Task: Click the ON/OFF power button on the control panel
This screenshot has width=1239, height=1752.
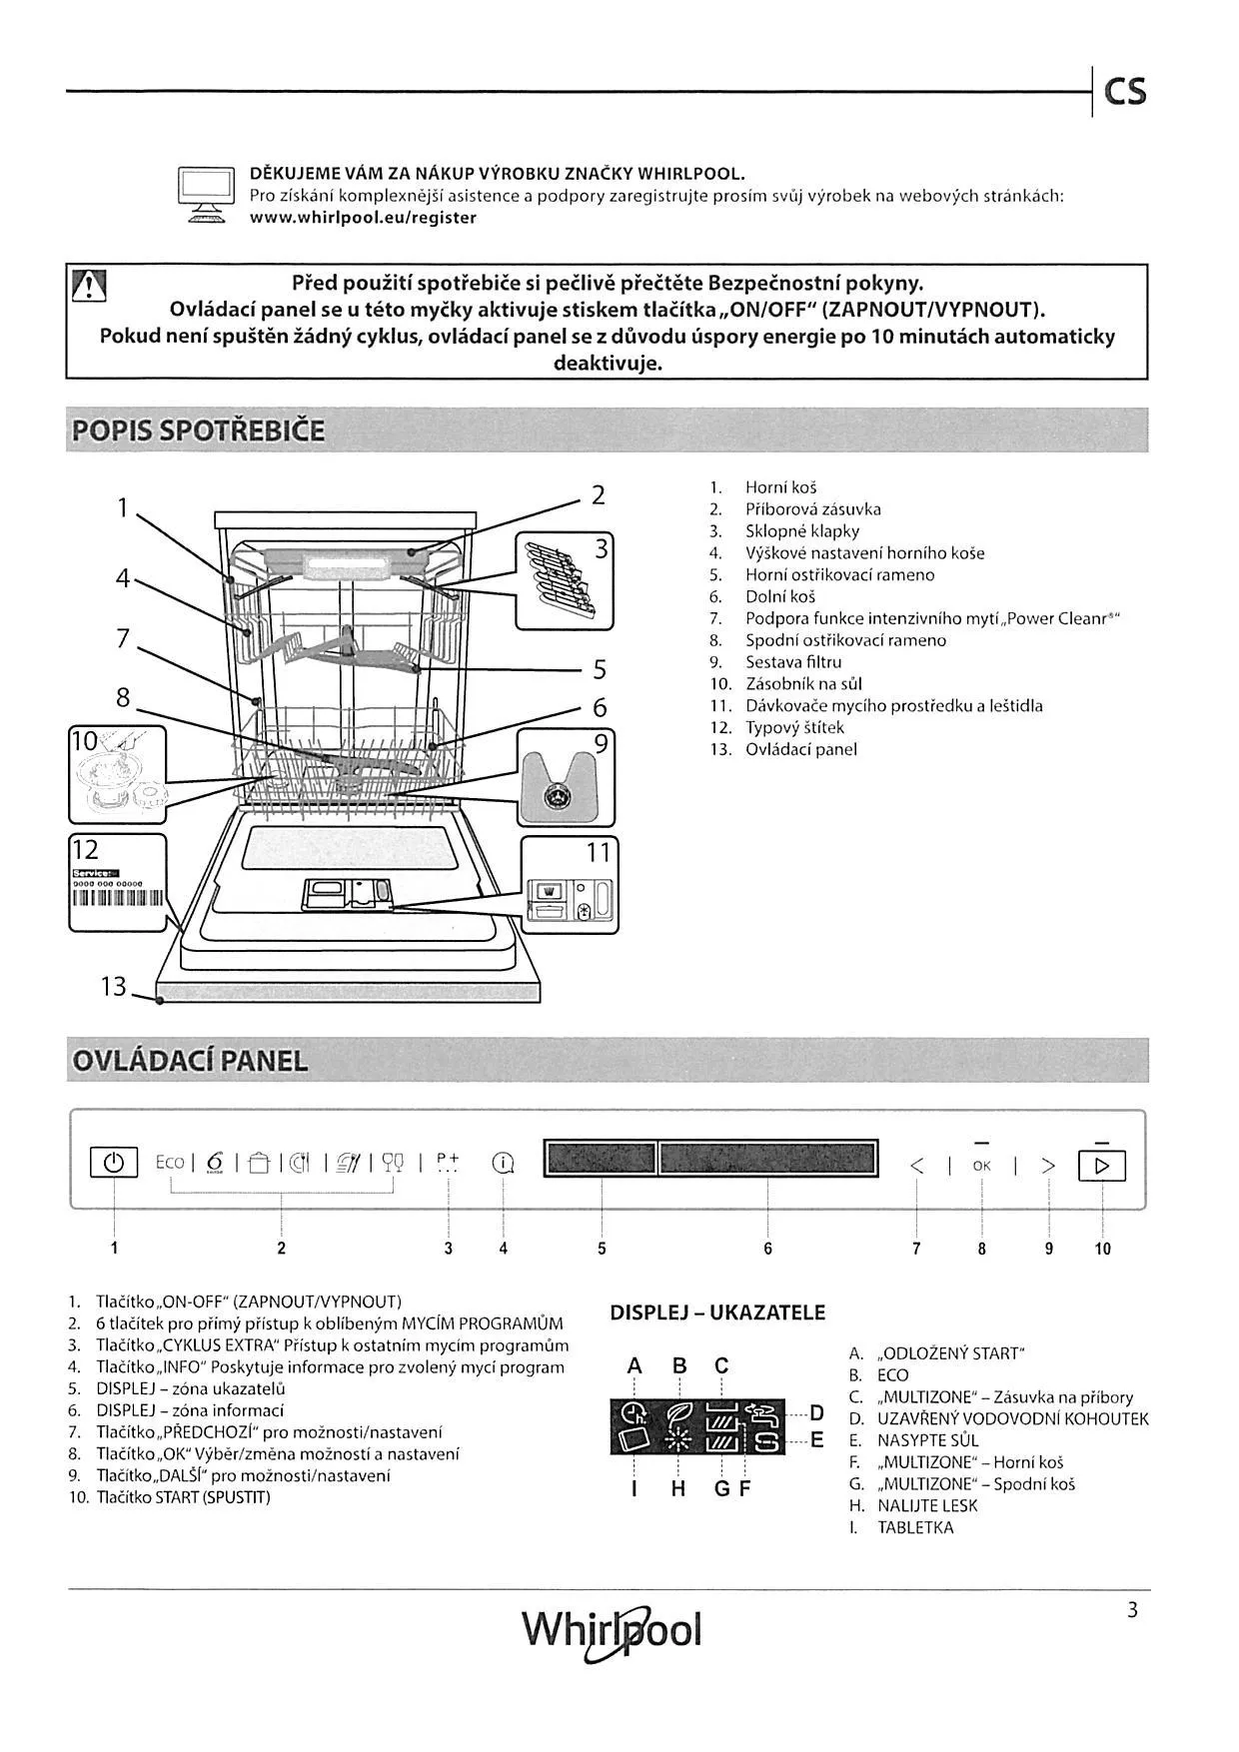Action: tap(114, 1164)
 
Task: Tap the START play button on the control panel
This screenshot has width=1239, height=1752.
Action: tap(1101, 1166)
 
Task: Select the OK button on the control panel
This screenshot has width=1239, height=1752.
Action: tap(981, 1166)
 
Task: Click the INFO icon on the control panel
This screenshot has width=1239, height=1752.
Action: tap(504, 1164)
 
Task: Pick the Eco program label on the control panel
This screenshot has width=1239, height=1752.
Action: tap(170, 1163)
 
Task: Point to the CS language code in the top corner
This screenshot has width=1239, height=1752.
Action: tap(1125, 92)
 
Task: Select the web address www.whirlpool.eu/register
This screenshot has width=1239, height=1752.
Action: tap(363, 218)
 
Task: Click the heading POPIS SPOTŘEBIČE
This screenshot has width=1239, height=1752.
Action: tap(198, 432)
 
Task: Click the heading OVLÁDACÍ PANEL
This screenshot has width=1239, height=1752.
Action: tap(189, 1061)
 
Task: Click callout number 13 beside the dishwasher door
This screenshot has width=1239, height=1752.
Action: tap(113, 987)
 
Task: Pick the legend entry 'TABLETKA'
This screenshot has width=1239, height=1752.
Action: tap(915, 1527)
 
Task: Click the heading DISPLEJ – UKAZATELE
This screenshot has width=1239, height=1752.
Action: tap(717, 1313)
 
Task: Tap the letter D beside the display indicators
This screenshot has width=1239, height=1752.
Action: tap(816, 1412)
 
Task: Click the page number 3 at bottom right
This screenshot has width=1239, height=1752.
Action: tap(1132, 1610)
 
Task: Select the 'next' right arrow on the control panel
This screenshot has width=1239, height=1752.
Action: tap(1048, 1166)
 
